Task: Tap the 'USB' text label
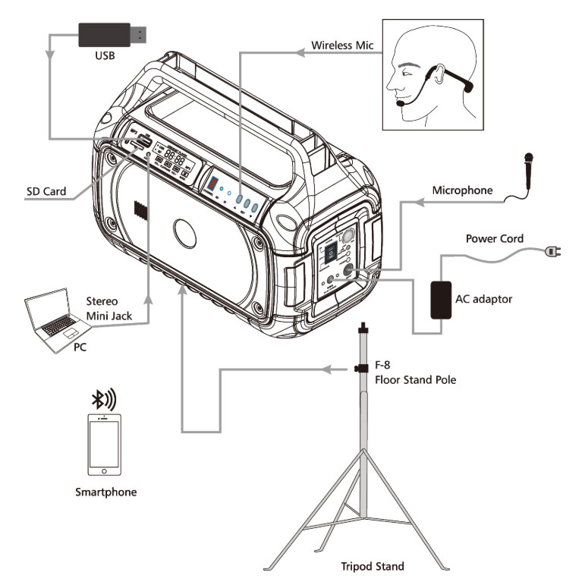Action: pos(105,56)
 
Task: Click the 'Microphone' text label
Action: pos(461,189)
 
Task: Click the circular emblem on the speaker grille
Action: pos(187,231)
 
